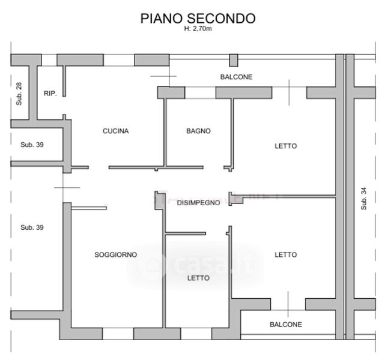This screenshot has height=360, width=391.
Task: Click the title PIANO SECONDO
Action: coord(198,19)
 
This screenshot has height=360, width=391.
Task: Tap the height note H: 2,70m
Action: coord(198,29)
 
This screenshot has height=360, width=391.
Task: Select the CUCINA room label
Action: coord(116,131)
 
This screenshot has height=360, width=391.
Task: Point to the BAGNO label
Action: coord(198,131)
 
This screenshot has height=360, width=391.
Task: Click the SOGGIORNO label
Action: coord(116,254)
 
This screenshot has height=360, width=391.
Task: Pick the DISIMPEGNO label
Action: coord(198,203)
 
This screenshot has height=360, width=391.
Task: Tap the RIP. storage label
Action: coord(50,94)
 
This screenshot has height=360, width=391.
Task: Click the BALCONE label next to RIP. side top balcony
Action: coord(237,77)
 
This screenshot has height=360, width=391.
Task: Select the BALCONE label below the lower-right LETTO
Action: coord(286,325)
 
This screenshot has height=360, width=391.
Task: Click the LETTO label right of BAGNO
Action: coord(286,146)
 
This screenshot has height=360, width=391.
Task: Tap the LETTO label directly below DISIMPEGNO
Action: coord(198,278)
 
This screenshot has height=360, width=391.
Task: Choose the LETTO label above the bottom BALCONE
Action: coord(286,254)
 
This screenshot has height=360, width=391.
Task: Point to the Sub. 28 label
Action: coord(19,94)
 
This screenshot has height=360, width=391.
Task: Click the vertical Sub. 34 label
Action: coord(364,199)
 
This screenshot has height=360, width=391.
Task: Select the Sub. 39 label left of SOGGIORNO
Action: coord(32,227)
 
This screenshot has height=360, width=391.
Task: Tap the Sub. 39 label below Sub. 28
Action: coord(32,145)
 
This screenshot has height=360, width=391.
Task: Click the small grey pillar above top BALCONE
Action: coord(234,61)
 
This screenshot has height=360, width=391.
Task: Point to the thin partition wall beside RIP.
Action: coord(64,81)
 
